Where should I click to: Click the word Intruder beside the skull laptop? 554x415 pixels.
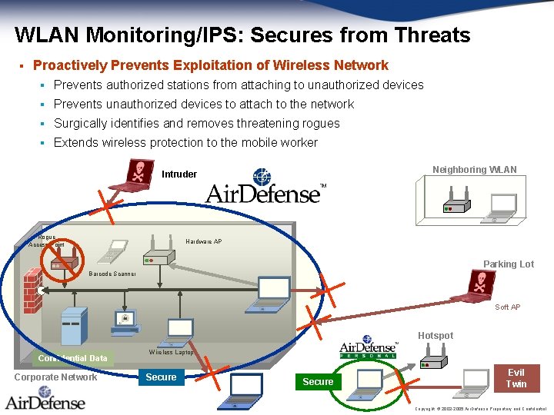coord(179,174)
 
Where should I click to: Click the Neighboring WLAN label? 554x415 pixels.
coord(474,170)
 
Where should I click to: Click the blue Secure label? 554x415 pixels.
coord(161,377)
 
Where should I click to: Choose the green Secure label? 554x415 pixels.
coord(318,382)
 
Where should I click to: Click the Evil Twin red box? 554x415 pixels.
coord(516,378)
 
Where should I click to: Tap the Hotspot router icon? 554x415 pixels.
coord(436,358)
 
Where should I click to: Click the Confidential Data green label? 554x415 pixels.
coord(75,358)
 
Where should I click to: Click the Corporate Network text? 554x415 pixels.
coord(55,377)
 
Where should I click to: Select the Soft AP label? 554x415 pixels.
coord(507,307)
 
